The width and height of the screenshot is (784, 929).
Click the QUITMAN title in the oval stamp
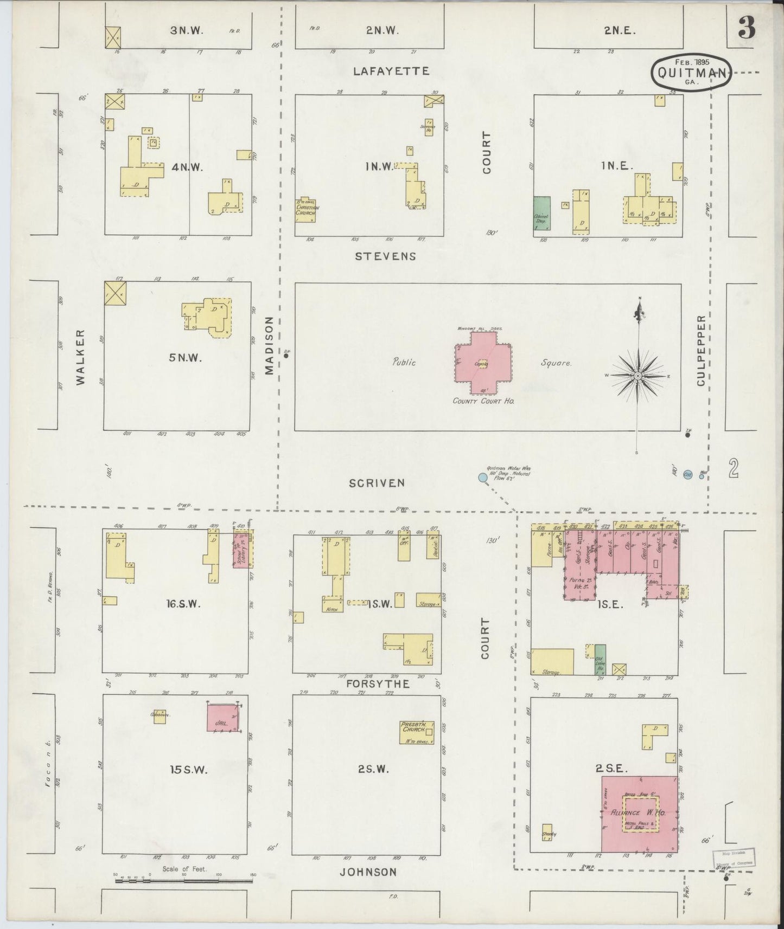pos(692,73)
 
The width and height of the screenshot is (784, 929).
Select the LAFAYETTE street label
pos(391,71)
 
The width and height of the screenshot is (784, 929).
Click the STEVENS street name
pos(385,256)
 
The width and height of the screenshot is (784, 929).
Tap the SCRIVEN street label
pos(377,482)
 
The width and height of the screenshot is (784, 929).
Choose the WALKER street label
pos(81,357)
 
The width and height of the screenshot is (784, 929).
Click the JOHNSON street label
pos(368,872)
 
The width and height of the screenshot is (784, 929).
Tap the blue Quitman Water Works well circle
pos(482,478)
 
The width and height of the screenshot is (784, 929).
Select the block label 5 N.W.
pos(177,358)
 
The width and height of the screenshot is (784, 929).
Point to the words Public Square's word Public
pos(405,362)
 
